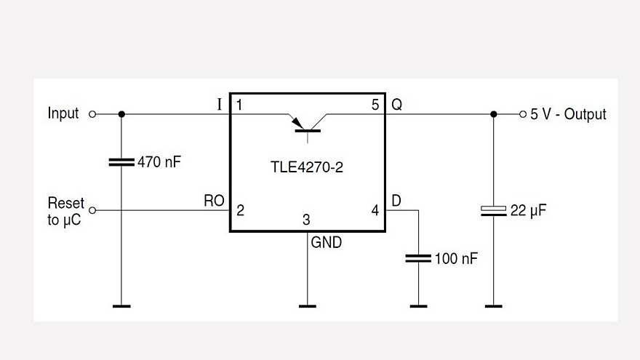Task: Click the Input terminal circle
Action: pyautogui.click(x=92, y=114)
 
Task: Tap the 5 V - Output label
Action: pyautogui.click(x=568, y=114)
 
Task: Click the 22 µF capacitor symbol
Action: pyautogui.click(x=494, y=211)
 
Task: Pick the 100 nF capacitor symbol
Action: pyautogui.click(x=418, y=257)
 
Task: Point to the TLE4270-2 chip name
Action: pyautogui.click(x=306, y=168)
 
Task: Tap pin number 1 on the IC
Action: pyautogui.click(x=239, y=105)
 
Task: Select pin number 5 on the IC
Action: pyautogui.click(x=375, y=105)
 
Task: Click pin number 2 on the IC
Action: pyautogui.click(x=240, y=211)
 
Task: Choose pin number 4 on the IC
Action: pyautogui.click(x=375, y=211)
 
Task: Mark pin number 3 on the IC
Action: pyautogui.click(x=307, y=220)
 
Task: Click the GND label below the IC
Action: pyautogui.click(x=326, y=243)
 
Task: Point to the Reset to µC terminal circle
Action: pyautogui.click(x=92, y=210)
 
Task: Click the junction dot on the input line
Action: pyautogui.click(x=121, y=114)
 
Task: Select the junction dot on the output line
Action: pyautogui.click(x=494, y=114)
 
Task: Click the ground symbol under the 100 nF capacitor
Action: pyautogui.click(x=418, y=306)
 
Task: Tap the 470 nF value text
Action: pyautogui.click(x=159, y=162)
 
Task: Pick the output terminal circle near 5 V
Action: pyautogui.click(x=522, y=114)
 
